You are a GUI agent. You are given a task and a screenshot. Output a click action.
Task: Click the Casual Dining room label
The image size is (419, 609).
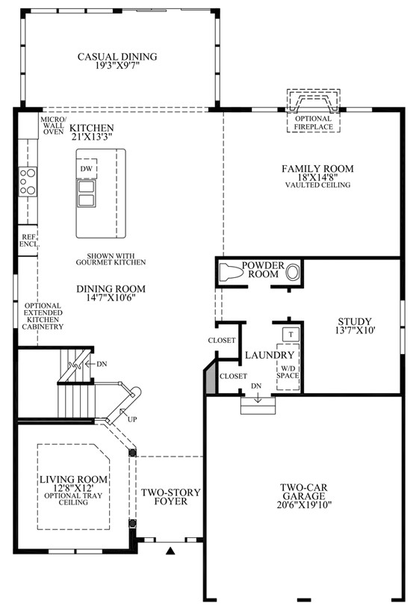click(117, 57)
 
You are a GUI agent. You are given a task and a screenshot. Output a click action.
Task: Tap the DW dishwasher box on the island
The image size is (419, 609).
click(86, 169)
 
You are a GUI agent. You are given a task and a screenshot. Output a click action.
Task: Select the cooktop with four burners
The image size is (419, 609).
click(28, 182)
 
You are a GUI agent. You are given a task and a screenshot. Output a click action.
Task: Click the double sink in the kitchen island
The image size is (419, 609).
click(86, 193)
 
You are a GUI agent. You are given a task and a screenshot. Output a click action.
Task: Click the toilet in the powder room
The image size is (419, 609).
click(231, 272)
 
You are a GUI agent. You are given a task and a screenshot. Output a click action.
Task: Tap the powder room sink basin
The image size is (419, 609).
click(293, 272)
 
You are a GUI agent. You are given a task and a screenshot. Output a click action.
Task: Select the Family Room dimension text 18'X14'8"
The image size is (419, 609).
click(317, 178)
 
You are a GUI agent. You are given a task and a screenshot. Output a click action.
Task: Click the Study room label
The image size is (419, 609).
click(355, 321)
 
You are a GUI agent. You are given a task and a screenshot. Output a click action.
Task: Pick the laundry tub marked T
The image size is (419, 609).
click(291, 335)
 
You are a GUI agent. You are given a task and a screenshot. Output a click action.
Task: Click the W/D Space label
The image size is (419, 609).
click(288, 371)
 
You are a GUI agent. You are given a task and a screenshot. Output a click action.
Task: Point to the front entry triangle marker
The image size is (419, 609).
click(170, 551)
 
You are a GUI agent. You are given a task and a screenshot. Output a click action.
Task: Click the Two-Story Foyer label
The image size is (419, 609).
click(171, 497)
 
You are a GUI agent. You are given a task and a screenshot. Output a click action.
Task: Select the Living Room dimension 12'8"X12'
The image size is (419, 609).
click(73, 488)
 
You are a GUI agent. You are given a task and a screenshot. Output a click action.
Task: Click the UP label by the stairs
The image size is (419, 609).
click(132, 419)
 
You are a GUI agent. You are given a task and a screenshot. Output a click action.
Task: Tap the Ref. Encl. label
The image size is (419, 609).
click(30, 241)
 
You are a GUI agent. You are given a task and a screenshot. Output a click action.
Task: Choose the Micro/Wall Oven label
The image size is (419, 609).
click(53, 126)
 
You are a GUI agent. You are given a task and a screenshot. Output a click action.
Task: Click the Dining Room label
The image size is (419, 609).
click(111, 289)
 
